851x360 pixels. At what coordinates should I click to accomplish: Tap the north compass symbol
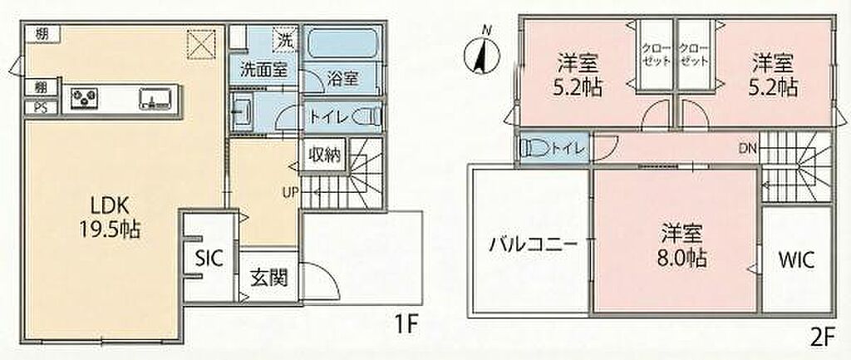(481, 52)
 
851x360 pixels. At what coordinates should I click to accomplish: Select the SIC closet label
(209, 259)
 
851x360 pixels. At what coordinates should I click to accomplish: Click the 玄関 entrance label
(268, 279)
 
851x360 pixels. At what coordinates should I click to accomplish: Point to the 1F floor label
(405, 326)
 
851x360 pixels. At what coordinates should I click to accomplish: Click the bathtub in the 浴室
(343, 43)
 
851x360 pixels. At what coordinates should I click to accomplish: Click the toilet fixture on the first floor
(366, 116)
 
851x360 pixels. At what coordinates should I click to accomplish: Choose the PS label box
(42, 107)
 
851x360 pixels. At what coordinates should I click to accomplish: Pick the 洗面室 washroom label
(259, 70)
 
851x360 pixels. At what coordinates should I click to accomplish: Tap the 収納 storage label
(325, 155)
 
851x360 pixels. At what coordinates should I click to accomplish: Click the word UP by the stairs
(289, 192)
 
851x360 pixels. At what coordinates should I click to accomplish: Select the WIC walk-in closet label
(796, 260)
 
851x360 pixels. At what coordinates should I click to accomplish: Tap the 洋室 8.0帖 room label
(683, 246)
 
